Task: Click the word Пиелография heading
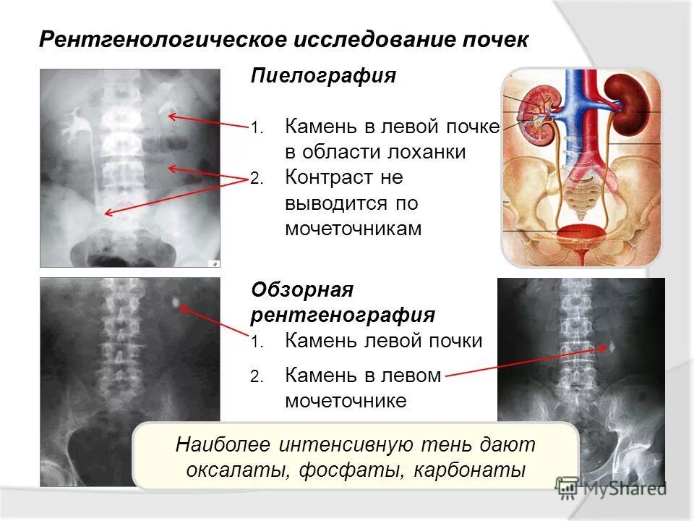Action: point(323,77)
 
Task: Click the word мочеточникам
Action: point(352,229)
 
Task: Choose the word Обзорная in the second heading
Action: point(301,290)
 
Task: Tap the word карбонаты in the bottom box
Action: point(470,470)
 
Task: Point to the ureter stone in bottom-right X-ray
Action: point(612,347)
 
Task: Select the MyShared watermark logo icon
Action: point(567,487)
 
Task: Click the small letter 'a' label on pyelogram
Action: point(213,263)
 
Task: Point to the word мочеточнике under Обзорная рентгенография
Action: point(346,400)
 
